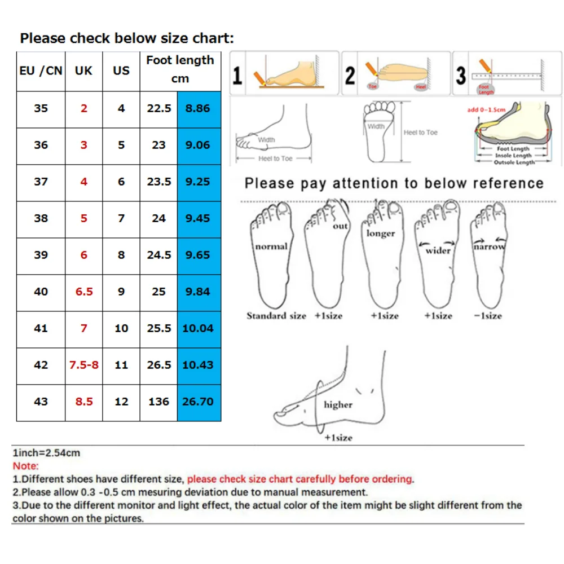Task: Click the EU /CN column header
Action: click(x=41, y=71)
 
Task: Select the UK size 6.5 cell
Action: click(x=84, y=292)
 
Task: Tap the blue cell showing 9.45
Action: click(x=197, y=218)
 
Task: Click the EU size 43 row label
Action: click(x=41, y=402)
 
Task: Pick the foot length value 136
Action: click(x=158, y=402)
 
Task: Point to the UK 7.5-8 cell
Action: click(x=84, y=365)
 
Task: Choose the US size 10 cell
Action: click(x=121, y=328)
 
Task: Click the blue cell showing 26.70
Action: click(x=197, y=402)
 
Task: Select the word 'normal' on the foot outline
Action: click(x=271, y=246)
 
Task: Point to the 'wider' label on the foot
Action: click(x=438, y=250)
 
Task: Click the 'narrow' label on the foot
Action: click(x=489, y=247)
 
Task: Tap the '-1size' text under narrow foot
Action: click(x=487, y=316)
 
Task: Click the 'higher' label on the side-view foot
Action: click(x=338, y=404)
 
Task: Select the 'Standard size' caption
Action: click(x=276, y=316)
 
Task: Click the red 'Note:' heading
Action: click(x=26, y=466)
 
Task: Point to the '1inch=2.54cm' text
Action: click(x=46, y=453)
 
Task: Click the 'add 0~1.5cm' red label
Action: click(x=486, y=109)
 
